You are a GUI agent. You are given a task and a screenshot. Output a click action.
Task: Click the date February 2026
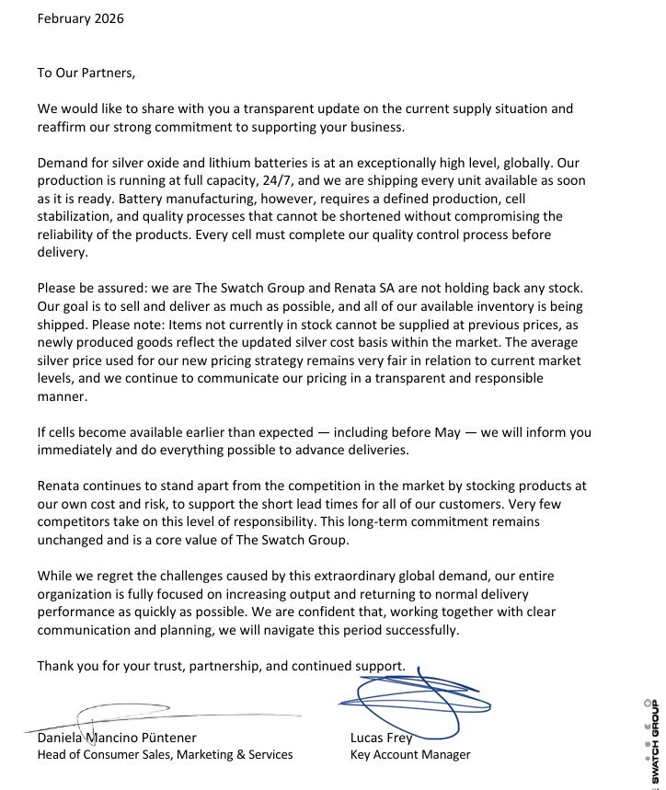point(80,18)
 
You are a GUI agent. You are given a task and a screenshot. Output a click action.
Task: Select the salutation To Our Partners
point(86,73)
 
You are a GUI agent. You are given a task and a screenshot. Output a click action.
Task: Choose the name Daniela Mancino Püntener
point(116,737)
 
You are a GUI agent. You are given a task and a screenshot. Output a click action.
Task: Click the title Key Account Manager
point(409,754)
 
